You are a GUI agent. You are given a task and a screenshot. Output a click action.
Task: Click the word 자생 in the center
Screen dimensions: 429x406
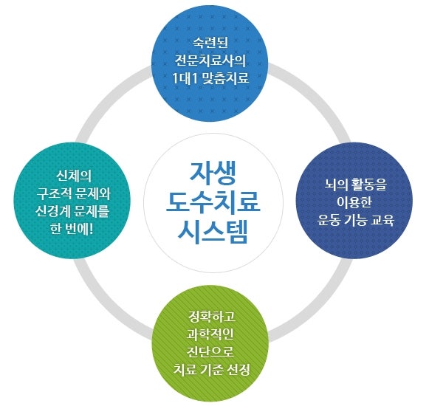point(213,174)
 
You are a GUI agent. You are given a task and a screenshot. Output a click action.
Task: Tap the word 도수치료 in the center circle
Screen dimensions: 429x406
point(213,203)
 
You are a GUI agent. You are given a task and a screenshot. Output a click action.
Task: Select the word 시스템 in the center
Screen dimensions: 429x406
point(213,231)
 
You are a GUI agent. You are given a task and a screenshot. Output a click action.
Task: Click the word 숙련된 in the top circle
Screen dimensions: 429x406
point(210,44)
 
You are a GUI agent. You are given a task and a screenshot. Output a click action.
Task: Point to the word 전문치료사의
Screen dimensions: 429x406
point(210,61)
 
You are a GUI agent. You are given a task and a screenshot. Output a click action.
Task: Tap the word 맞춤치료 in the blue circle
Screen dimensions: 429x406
point(225,78)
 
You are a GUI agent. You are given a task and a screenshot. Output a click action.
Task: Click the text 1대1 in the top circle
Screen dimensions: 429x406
point(185,78)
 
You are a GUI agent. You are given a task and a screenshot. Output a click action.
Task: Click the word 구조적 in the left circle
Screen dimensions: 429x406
point(55,193)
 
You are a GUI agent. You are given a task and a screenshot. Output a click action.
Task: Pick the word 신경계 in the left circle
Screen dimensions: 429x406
point(53,211)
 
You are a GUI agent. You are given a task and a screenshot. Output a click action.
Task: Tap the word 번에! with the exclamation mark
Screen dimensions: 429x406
point(80,228)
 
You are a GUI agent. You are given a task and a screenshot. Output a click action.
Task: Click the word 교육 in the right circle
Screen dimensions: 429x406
point(382,219)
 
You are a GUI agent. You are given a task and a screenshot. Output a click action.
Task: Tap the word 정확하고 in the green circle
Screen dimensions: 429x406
point(212,317)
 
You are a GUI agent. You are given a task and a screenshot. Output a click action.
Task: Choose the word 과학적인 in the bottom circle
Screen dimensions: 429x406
point(210,334)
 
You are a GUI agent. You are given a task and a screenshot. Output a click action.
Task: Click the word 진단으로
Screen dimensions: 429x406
point(210,351)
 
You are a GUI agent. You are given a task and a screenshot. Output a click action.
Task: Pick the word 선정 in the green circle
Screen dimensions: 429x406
point(238,369)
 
